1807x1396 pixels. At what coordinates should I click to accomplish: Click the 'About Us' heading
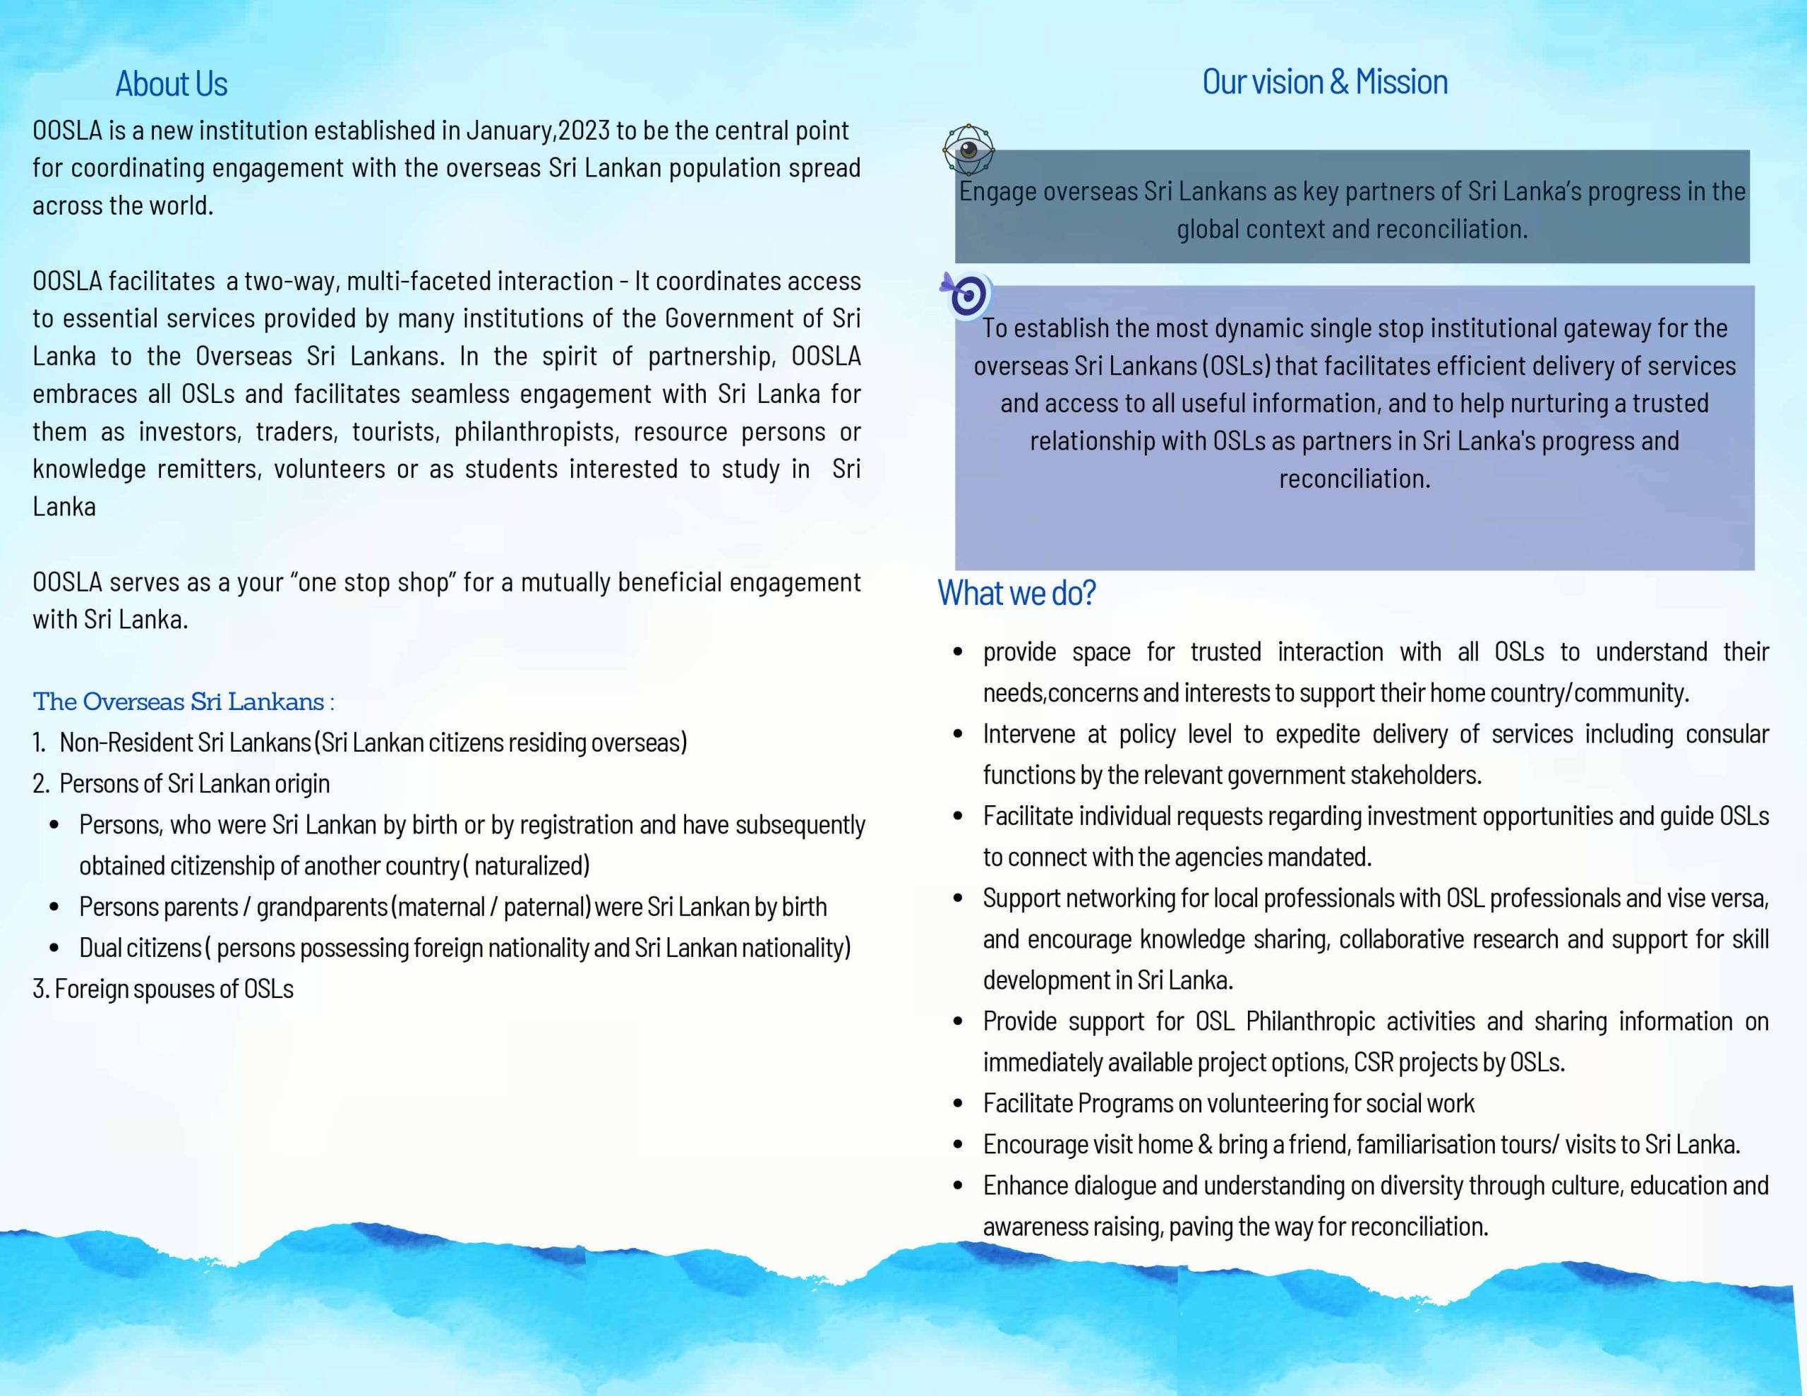click(x=172, y=83)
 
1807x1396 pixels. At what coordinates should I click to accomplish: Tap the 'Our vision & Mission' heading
click(x=1325, y=82)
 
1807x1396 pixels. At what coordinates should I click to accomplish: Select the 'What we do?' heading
click(x=1016, y=593)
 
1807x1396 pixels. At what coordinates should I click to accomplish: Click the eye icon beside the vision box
click(x=968, y=150)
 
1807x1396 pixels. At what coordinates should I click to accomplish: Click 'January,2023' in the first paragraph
click(x=538, y=131)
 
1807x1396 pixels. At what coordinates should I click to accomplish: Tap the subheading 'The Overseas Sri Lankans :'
click(x=184, y=702)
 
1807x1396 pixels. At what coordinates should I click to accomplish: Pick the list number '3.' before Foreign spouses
click(x=40, y=989)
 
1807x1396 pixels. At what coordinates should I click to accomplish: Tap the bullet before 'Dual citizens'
click(x=54, y=949)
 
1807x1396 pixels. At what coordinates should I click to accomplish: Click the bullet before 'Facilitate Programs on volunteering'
click(x=958, y=1104)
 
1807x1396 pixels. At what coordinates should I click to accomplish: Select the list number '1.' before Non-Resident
click(x=39, y=742)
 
